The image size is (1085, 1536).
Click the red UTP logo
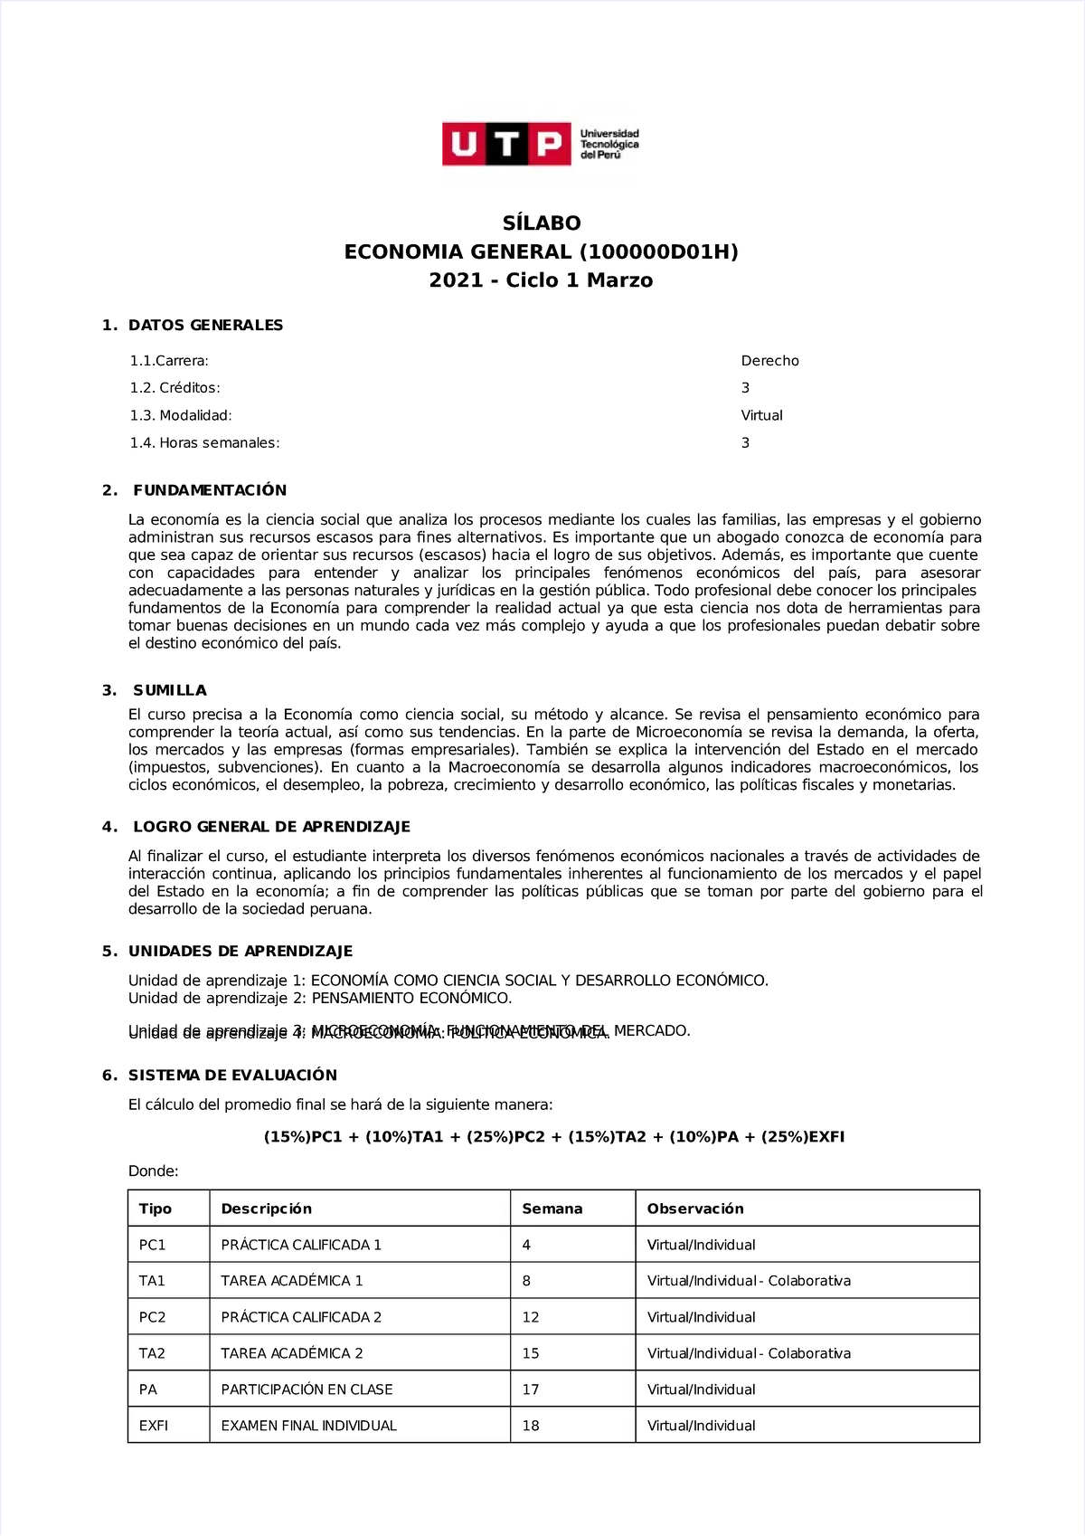[506, 145]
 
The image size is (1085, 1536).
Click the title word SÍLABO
[542, 223]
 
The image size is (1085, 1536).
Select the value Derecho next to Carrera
[769, 361]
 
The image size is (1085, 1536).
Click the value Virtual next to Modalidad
[761, 415]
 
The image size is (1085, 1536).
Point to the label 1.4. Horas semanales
[204, 443]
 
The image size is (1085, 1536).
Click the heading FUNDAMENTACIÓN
[209, 490]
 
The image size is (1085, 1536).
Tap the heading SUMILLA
[169, 690]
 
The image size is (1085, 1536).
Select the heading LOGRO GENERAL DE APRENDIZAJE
[271, 827]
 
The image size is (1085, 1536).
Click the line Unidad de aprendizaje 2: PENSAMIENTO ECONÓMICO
[320, 999]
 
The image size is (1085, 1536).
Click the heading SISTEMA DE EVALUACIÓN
[232, 1076]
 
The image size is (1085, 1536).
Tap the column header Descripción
[266, 1209]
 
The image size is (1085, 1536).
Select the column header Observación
[694, 1209]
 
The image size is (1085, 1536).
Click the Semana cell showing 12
[530, 1317]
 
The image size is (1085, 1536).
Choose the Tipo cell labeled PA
[147, 1389]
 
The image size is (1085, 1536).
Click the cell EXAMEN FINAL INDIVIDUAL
[308, 1426]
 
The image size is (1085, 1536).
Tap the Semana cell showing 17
[530, 1389]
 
